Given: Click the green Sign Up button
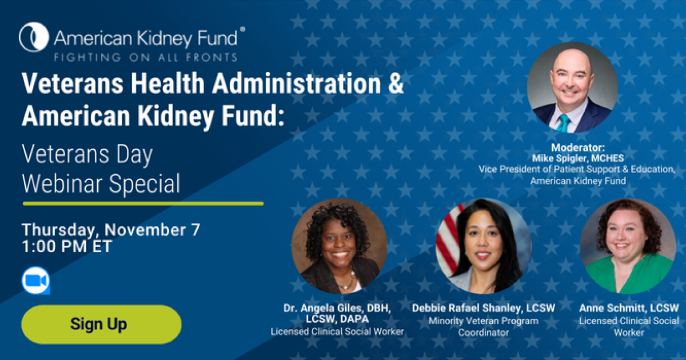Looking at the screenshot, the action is coord(101,324).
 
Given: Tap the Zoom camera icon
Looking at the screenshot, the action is coord(36,281).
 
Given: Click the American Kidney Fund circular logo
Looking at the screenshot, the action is coord(34,37).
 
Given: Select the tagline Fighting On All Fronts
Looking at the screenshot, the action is coord(146,57).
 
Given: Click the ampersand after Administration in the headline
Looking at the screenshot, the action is coord(396,83).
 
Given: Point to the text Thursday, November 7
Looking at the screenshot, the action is coord(111,230).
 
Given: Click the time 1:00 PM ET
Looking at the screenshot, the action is coord(67,246).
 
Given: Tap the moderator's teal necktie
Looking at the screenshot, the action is coord(563,123).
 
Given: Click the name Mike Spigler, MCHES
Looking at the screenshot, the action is coord(578,158).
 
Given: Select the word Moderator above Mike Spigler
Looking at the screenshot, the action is coord(578,147).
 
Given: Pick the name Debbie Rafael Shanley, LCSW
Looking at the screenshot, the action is coord(484,308).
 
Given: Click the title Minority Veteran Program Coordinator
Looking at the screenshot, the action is coord(484,327).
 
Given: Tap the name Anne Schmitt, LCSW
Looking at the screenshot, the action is coord(629,308).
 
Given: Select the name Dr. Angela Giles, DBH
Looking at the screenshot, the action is coord(337,308).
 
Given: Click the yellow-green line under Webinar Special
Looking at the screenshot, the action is coord(143,203).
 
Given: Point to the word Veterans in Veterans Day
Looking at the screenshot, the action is coord(65,154).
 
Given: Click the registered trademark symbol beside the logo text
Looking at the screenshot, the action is coord(242,29).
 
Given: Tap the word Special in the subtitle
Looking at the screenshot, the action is coord(145,184).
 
